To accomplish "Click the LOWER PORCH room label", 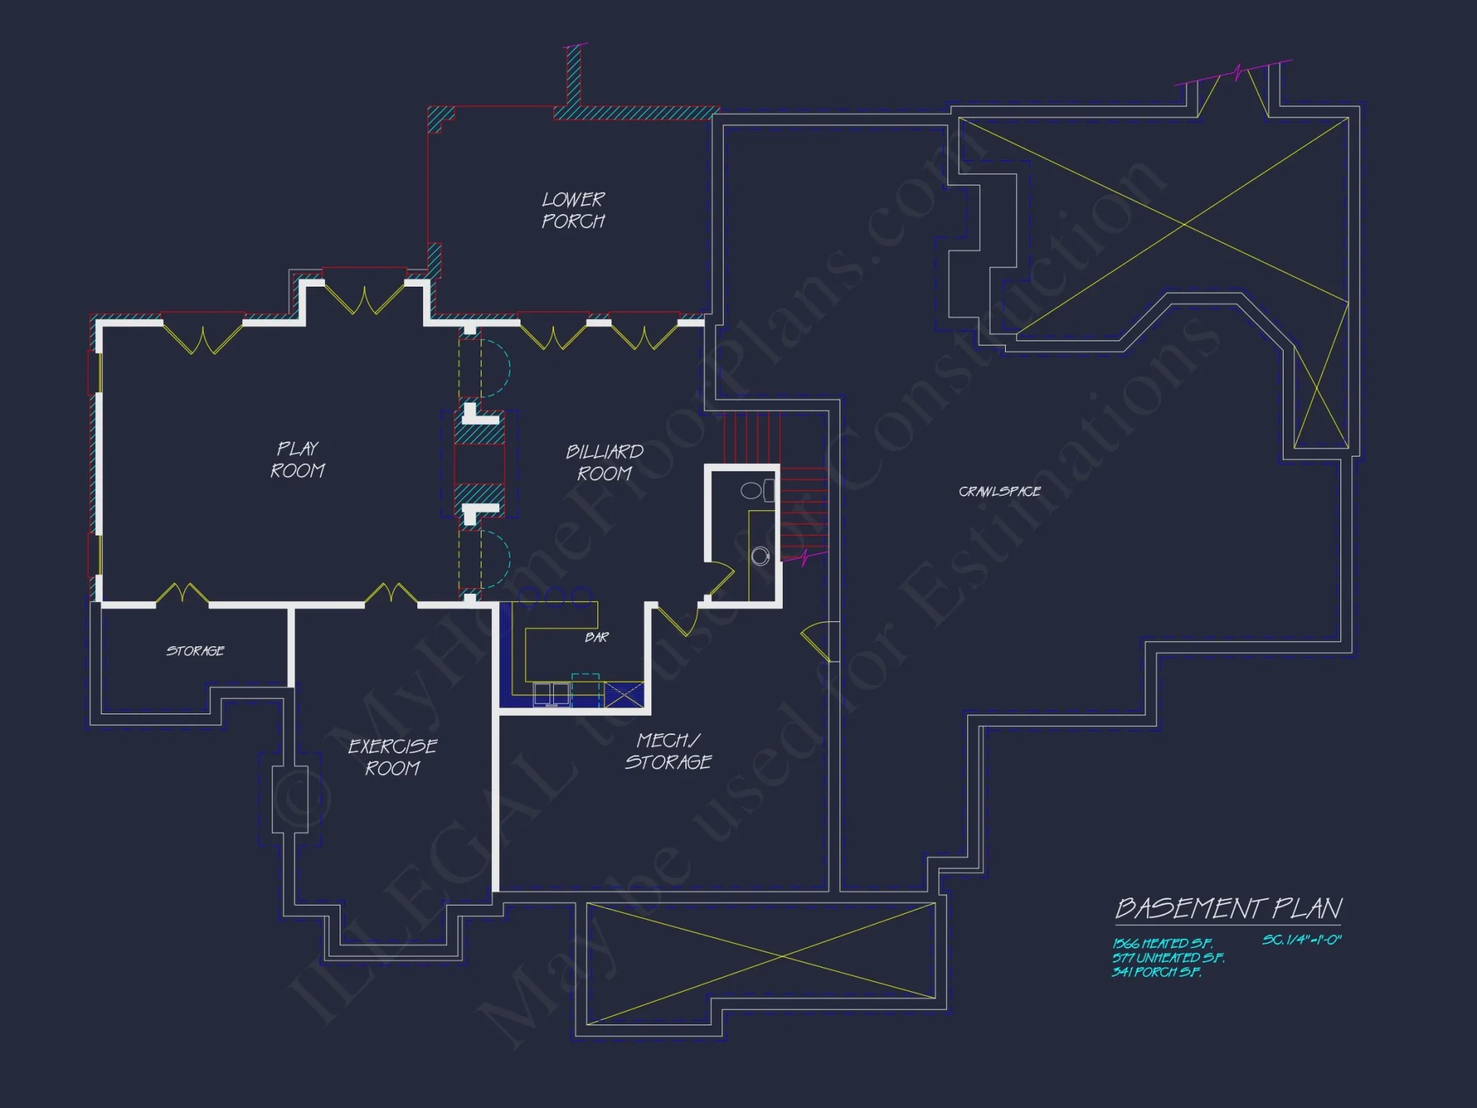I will click(573, 211).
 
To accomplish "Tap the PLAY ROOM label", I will click(298, 459).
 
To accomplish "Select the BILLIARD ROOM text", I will click(604, 462).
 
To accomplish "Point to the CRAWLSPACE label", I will click(999, 491).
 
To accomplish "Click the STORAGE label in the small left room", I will click(195, 651).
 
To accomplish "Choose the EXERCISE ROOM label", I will click(392, 757).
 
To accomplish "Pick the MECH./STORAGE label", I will click(668, 751).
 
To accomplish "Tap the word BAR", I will click(597, 637).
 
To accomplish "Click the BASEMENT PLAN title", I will click(1228, 909).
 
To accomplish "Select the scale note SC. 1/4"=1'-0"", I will click(1301, 940).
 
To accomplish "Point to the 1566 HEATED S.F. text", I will click(1162, 943).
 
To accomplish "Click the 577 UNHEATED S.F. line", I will click(1168, 958).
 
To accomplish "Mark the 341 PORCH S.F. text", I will click(1156, 972).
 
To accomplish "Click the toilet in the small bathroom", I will click(755, 490).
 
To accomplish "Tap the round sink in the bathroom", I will click(760, 555).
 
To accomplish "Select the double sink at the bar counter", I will click(551, 694).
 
